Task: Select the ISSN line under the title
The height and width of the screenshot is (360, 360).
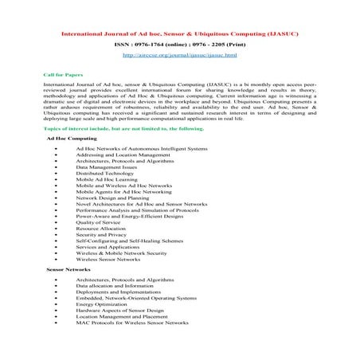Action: [180, 45]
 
